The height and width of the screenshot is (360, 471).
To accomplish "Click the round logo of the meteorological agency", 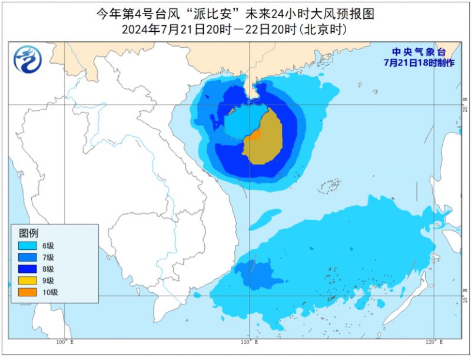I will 28,59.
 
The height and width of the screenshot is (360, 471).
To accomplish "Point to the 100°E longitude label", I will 64,342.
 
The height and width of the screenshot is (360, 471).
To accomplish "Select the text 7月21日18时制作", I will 419,62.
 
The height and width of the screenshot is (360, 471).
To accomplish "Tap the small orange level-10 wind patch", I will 254,136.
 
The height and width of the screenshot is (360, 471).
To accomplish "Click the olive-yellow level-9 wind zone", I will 267,138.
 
